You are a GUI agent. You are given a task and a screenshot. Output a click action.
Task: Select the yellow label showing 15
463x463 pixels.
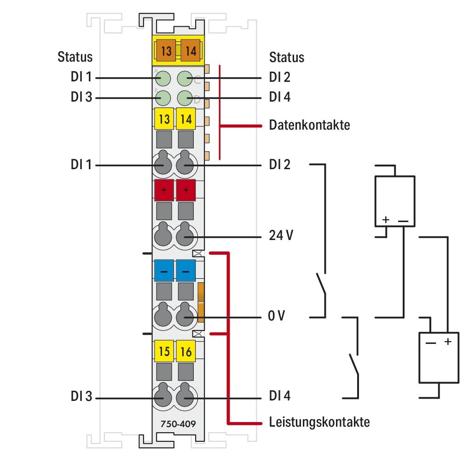(163, 353)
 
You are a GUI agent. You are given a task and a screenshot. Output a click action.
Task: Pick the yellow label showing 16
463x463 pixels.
(186, 353)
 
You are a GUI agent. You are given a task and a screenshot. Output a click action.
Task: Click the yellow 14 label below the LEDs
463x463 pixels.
(186, 119)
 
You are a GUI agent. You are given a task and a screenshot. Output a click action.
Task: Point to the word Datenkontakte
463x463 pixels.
(309, 125)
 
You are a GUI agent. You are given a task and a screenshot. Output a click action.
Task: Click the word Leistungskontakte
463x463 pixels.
(319, 422)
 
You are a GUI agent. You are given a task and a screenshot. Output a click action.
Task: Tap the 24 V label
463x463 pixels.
(281, 237)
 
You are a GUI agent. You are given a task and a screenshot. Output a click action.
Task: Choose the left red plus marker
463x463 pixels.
(163, 190)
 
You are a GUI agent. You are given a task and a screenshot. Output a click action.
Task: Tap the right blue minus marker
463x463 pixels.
(186, 271)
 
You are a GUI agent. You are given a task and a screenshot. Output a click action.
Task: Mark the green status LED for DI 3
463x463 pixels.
(162, 97)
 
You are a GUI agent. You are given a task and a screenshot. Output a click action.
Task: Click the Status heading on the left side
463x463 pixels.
(75, 57)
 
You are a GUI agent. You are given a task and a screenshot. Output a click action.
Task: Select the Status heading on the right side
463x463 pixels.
(286, 57)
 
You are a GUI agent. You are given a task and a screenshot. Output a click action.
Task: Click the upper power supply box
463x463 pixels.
(394, 200)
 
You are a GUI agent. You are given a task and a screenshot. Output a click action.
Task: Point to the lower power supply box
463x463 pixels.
(438, 357)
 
